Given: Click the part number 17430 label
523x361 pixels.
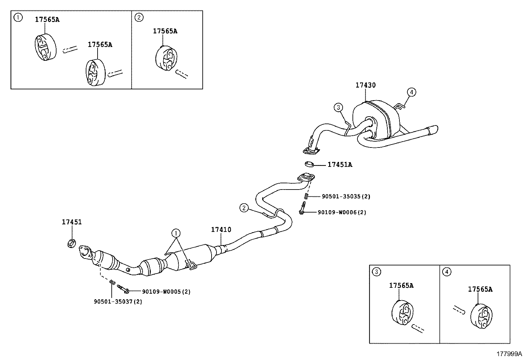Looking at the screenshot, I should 365,85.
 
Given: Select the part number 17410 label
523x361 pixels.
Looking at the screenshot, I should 221,230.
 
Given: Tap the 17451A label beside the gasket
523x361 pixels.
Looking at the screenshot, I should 340,165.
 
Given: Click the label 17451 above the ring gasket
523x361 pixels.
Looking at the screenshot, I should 72,222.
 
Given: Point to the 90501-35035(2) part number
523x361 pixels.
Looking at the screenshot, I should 346,196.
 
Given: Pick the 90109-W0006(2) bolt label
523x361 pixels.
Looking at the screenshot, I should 342,212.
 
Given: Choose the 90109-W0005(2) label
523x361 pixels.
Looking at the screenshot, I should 166,291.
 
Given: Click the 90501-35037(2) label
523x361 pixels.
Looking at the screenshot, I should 118,301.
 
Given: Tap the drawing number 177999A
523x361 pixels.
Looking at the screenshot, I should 509,354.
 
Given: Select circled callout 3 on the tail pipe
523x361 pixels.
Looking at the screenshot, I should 338,107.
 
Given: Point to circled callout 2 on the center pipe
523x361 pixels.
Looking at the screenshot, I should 243,208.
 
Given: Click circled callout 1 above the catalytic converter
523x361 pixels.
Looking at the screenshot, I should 176,234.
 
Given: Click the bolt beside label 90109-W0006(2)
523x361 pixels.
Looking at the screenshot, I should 302,209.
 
